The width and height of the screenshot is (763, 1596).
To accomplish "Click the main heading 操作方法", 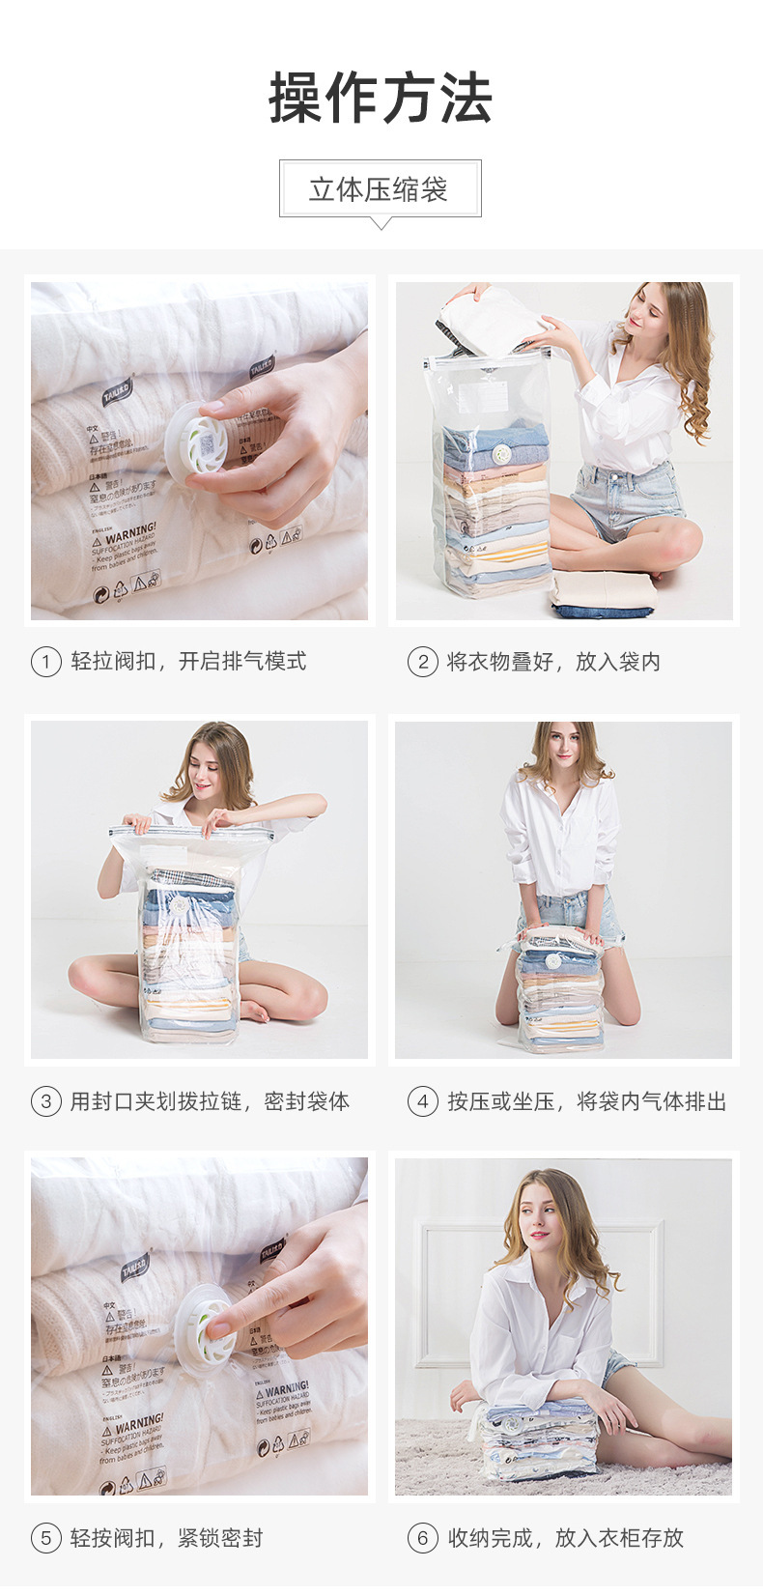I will click(381, 99).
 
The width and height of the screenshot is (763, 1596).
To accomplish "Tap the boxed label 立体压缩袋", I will click(380, 189).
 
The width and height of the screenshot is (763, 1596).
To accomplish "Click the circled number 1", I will click(46, 663).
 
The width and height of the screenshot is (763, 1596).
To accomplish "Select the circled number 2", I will click(422, 663).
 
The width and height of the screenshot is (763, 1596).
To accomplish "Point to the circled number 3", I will click(46, 1101).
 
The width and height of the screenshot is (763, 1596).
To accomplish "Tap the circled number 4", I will click(422, 1101).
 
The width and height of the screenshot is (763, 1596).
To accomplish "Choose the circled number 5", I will click(46, 1538).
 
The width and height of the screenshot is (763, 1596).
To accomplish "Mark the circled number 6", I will click(422, 1538).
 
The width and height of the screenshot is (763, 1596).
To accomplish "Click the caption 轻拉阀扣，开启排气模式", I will click(188, 662).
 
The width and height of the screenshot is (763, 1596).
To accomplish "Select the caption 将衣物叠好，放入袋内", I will click(553, 662).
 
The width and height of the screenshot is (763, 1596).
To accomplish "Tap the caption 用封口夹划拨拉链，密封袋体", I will click(210, 1101).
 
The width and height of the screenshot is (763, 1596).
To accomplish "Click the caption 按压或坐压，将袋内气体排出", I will click(586, 1101).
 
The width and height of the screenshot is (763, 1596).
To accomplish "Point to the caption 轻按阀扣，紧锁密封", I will click(166, 1538).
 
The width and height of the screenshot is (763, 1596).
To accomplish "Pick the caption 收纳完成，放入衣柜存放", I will click(565, 1538).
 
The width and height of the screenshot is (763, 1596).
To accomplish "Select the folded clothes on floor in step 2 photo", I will click(603, 594).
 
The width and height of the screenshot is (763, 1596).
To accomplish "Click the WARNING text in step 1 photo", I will click(130, 534).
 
